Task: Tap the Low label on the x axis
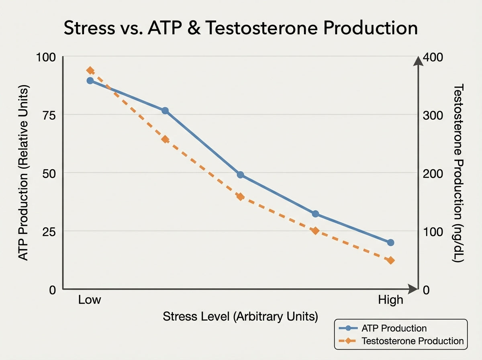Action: (90, 300)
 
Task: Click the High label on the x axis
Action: (390, 300)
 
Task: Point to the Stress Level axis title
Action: (240, 317)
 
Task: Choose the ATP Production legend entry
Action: (393, 328)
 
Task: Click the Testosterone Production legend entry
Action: (413, 341)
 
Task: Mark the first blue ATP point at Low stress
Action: (90, 81)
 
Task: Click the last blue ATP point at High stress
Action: (390, 242)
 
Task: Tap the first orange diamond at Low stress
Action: (90, 71)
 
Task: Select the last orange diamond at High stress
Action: (390, 260)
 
